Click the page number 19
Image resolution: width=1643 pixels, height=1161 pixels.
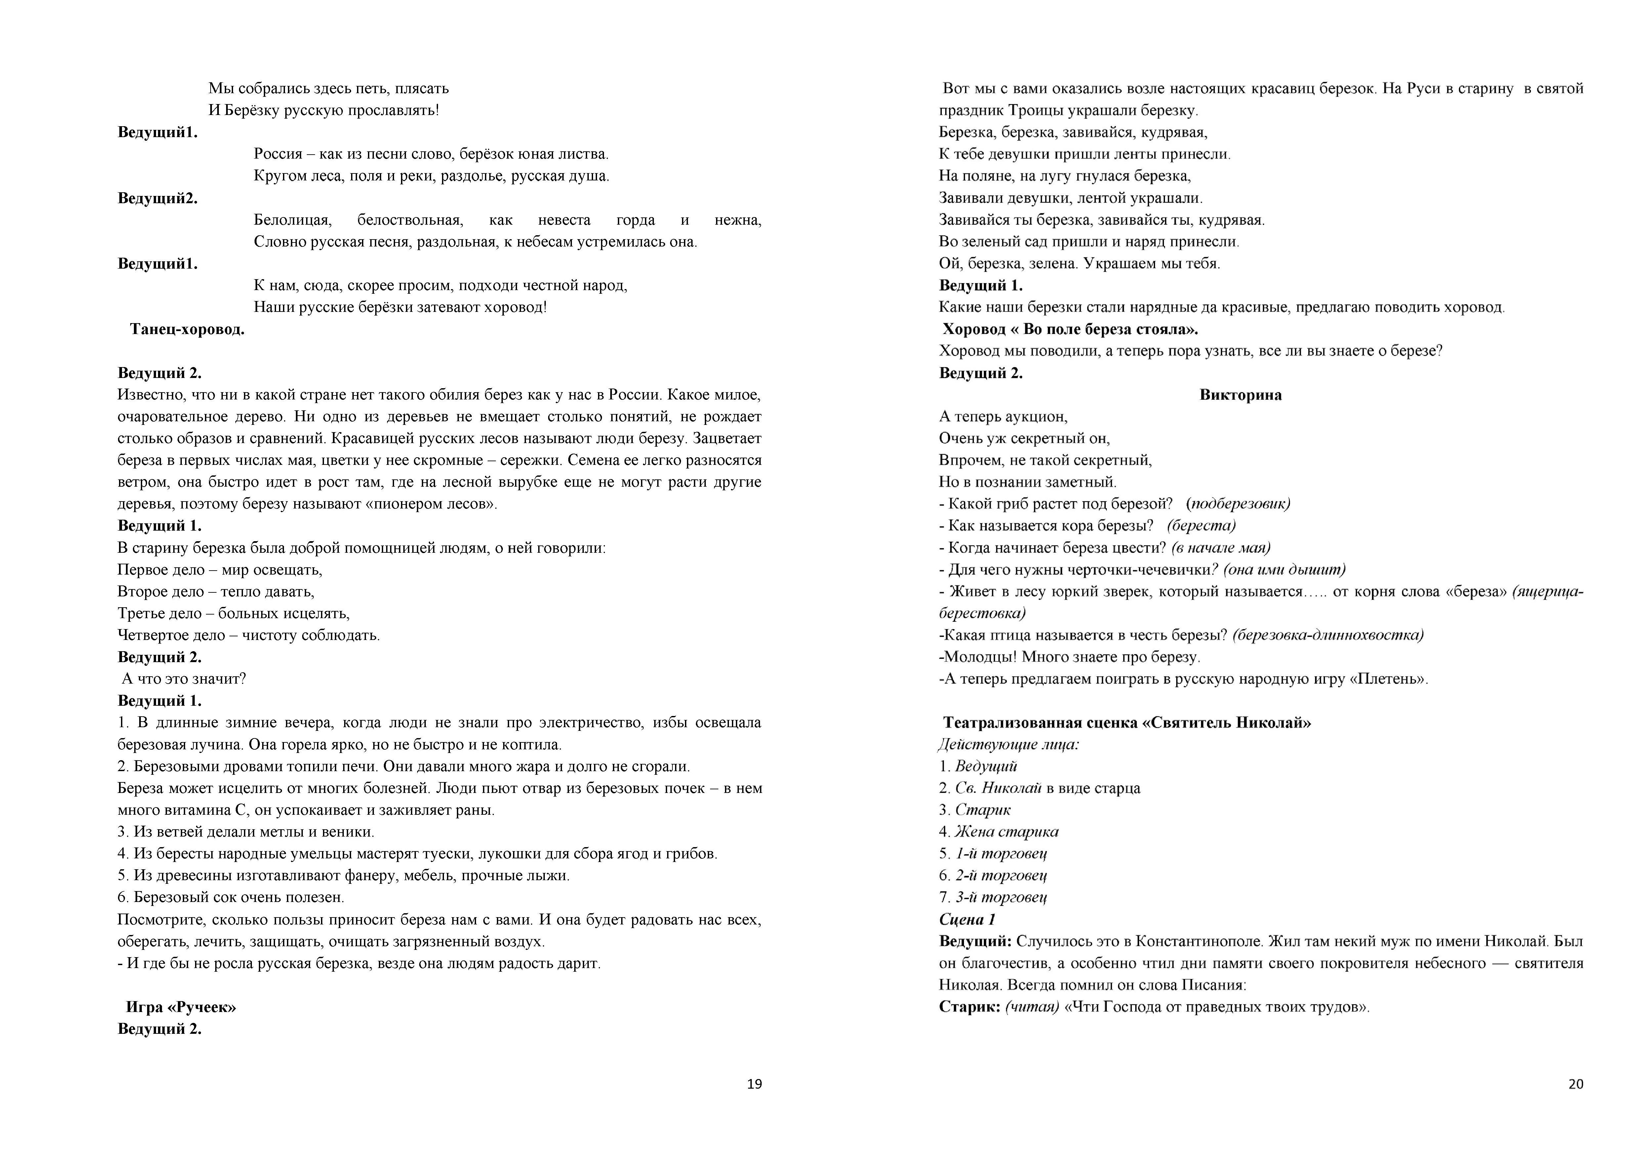pyautogui.click(x=754, y=1084)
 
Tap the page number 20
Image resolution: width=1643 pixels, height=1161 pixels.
pyautogui.click(x=1576, y=1084)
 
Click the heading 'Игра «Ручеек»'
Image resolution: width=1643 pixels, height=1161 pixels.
pyautogui.click(x=181, y=1007)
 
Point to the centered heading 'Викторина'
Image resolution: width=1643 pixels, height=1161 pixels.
pyautogui.click(x=1240, y=395)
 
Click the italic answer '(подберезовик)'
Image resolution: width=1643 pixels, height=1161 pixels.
pyautogui.click(x=1238, y=504)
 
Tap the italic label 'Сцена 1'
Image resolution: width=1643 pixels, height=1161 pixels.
pyautogui.click(x=967, y=919)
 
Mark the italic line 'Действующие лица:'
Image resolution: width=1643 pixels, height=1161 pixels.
pyautogui.click(x=1009, y=745)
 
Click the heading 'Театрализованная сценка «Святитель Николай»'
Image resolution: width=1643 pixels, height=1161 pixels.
pyautogui.click(x=1126, y=723)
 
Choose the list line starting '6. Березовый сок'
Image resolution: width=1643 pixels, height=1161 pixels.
pyautogui.click(x=231, y=897)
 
